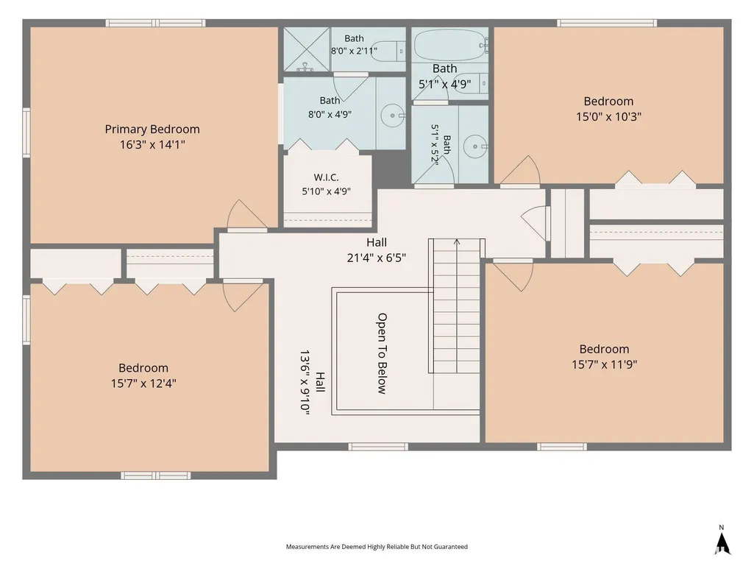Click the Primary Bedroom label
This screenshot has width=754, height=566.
(x=152, y=129)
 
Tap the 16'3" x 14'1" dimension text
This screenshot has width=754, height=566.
(x=152, y=144)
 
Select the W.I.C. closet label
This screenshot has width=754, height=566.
(x=326, y=177)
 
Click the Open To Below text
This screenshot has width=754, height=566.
(x=382, y=353)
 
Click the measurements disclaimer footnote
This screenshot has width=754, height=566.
(x=377, y=546)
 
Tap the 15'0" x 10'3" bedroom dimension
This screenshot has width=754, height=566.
(x=608, y=116)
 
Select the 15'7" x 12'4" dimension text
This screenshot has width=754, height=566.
(x=143, y=383)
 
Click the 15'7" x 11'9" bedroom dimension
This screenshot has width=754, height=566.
(x=604, y=364)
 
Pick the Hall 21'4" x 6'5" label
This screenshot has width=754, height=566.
(x=377, y=250)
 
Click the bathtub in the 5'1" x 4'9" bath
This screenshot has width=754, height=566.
(x=448, y=45)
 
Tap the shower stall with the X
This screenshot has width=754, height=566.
(x=306, y=49)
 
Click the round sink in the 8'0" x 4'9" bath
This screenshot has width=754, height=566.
(x=392, y=116)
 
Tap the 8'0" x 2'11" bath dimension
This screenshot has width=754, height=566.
(x=354, y=51)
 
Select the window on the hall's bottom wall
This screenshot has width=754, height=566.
(x=378, y=447)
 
